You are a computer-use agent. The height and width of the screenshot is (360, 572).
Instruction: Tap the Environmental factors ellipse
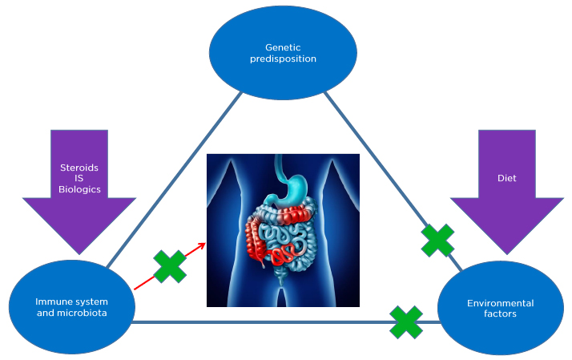coord(501,308)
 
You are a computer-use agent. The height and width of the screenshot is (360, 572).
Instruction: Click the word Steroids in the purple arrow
coord(79,168)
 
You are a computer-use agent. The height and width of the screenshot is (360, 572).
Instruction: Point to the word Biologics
coord(79,191)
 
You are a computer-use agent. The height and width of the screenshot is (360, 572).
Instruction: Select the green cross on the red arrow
coord(170,267)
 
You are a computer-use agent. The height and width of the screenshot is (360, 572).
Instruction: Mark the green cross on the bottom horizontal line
coord(407,322)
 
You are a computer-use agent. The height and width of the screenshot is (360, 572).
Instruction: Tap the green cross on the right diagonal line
coord(437,240)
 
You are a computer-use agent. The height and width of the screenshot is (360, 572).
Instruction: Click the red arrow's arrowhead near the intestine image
coord(203,247)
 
